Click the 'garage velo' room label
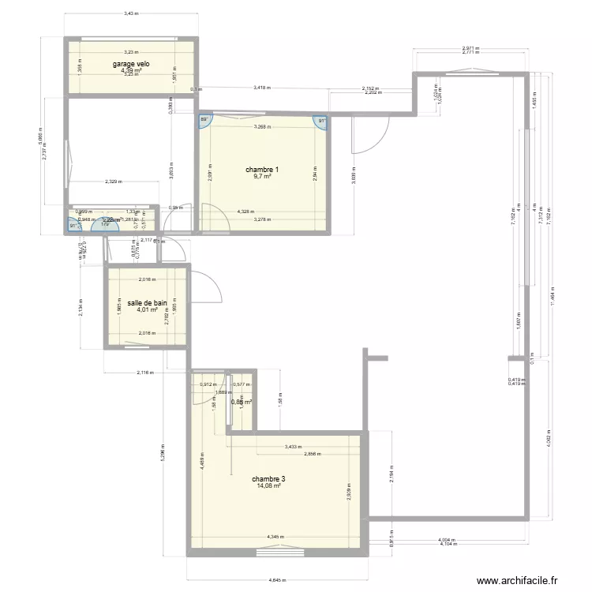point(131,64)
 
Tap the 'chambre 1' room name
point(262,170)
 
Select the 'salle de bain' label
point(146,302)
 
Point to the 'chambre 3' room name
point(268,479)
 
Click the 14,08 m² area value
point(268,486)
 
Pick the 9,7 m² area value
point(262,178)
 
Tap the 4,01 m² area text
point(146,309)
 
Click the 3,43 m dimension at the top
point(131,13)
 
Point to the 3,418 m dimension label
point(264,88)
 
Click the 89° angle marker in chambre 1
point(204,119)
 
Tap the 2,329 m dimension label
point(115,182)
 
